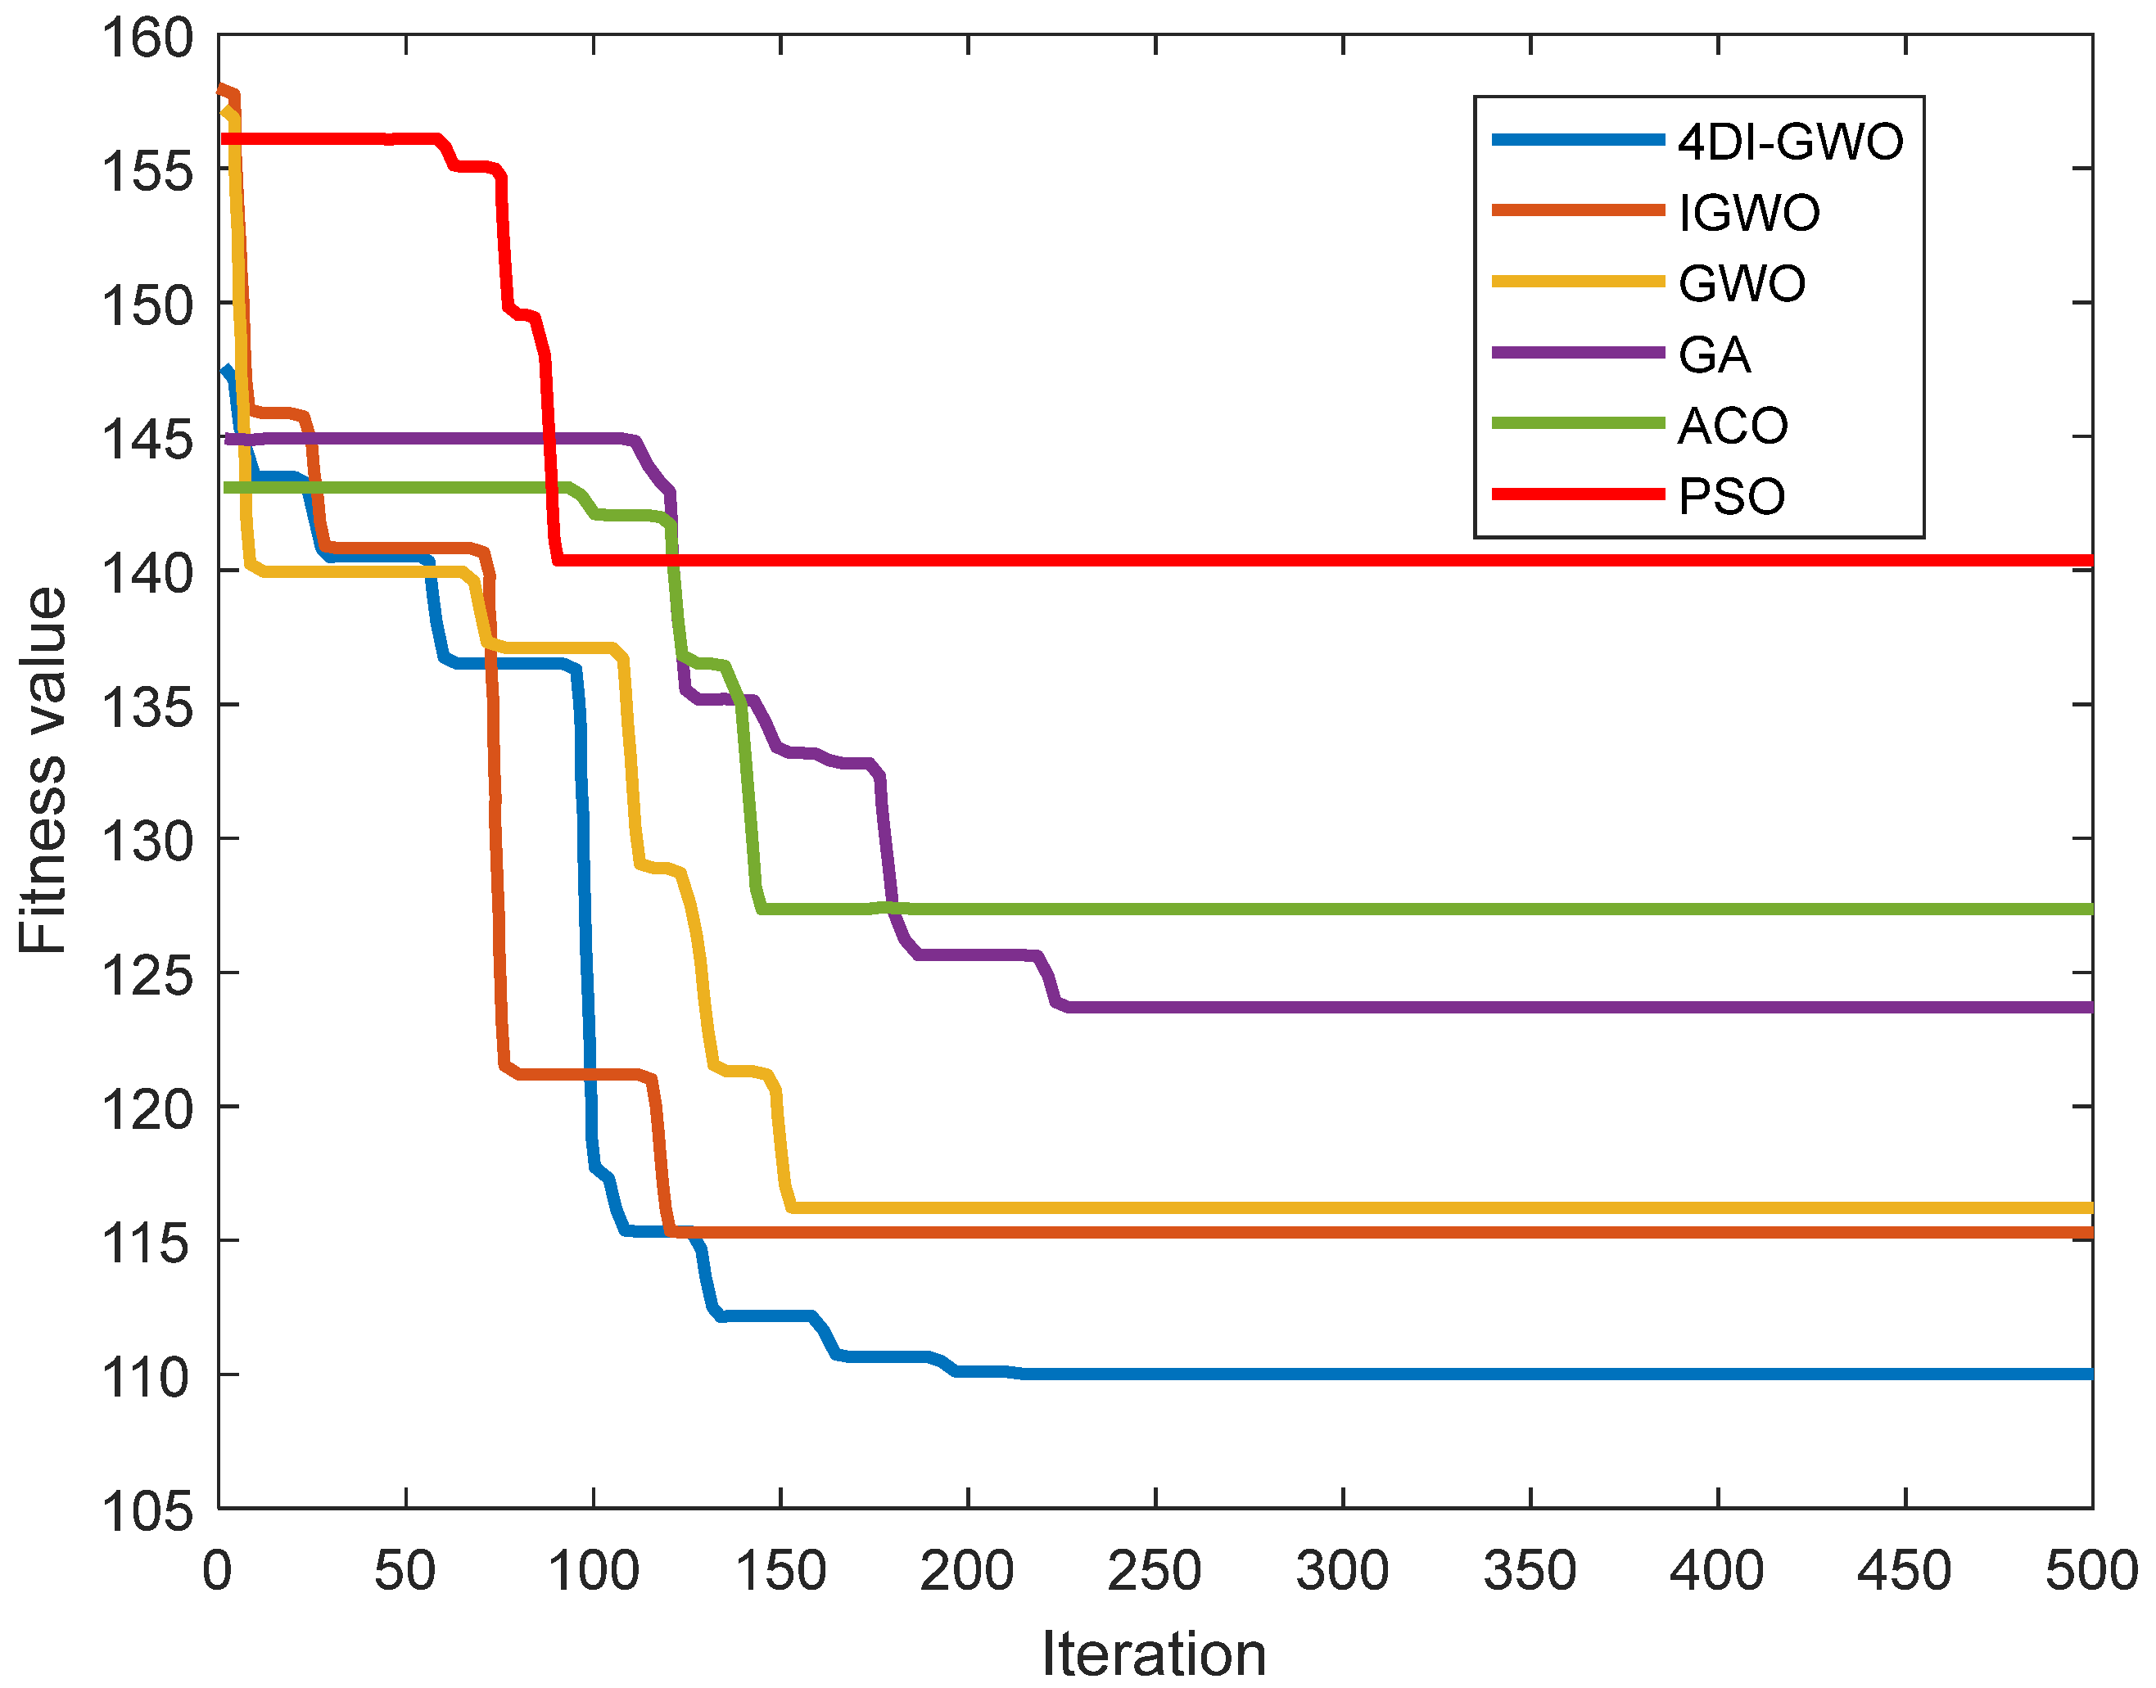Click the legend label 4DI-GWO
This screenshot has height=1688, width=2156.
click(x=1789, y=142)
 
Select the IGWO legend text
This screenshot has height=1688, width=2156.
click(x=1749, y=214)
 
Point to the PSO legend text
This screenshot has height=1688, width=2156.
click(x=1732, y=497)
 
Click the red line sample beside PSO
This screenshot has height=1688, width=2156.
click(x=1578, y=494)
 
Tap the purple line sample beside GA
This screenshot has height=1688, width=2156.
click(x=1578, y=353)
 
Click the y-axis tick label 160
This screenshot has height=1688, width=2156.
click(x=148, y=38)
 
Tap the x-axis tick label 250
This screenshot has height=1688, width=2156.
click(x=1155, y=1572)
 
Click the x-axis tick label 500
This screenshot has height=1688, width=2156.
click(x=2090, y=1572)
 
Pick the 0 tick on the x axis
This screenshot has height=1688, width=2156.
click(x=218, y=1572)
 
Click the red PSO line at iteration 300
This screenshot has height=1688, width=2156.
click(x=1342, y=561)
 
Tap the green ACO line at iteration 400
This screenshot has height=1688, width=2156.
click(x=1717, y=909)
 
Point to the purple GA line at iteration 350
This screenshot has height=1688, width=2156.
click(x=1530, y=1007)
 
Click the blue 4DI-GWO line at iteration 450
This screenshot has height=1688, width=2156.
click(x=1905, y=1374)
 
